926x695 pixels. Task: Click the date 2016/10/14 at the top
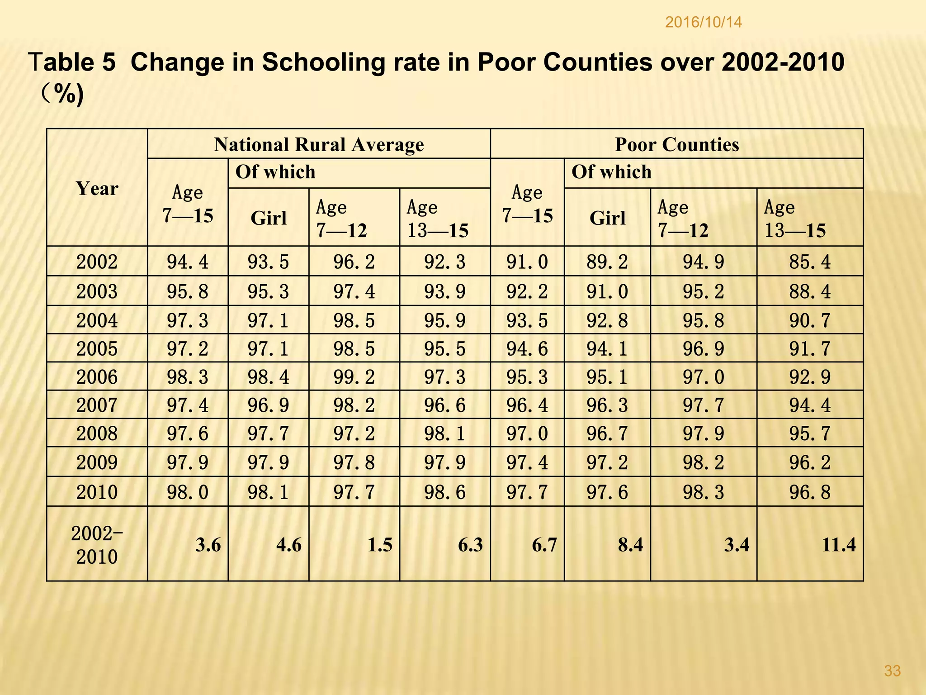coord(704,23)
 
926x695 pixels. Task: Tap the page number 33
coord(892,671)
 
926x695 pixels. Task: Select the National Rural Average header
coord(319,145)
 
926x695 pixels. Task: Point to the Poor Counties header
coord(676,145)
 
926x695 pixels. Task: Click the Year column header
coord(97,188)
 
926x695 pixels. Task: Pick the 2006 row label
coord(97,377)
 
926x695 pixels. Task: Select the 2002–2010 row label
coord(97,545)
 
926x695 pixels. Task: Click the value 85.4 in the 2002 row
coord(809,262)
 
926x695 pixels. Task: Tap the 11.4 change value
coord(838,545)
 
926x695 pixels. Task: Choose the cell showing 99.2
coord(354,377)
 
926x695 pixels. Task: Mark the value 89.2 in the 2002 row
coord(607,262)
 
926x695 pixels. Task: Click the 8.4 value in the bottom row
coord(630,545)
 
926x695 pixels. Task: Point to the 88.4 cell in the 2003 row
coord(809,291)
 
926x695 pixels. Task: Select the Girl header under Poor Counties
coord(607,218)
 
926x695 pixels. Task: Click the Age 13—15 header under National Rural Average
coord(438,219)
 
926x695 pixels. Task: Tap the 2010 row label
coord(97,492)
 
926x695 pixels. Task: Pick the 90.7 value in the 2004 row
coord(809,320)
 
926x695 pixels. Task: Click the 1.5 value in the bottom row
coord(379,545)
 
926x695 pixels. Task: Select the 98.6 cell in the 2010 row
coord(444,492)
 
